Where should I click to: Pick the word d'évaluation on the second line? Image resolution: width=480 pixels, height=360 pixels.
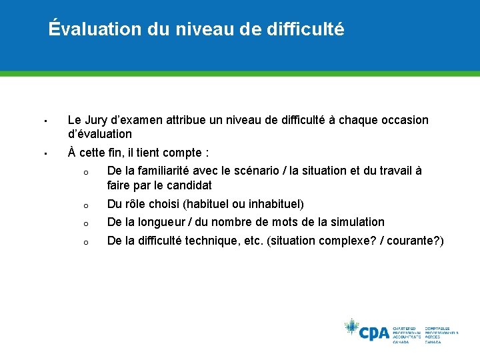click(100, 133)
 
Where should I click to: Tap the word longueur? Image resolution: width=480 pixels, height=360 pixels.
click(167, 221)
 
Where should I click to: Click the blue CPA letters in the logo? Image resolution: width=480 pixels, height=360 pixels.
click(374, 332)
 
